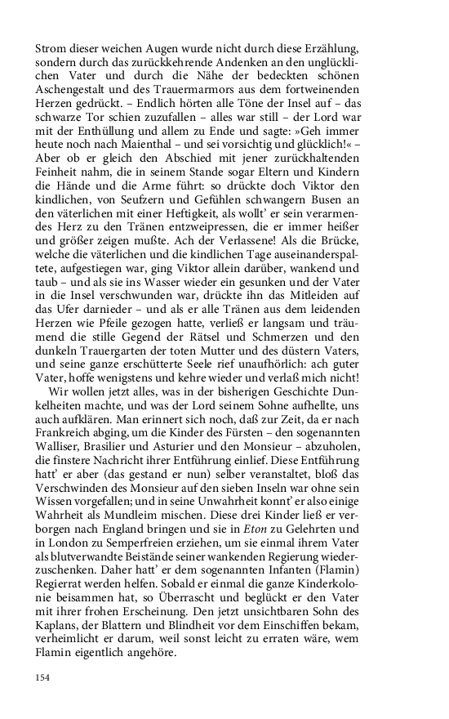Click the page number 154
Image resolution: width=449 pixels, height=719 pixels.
[x=43, y=677]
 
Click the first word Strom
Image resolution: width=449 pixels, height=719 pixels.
[x=51, y=50]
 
